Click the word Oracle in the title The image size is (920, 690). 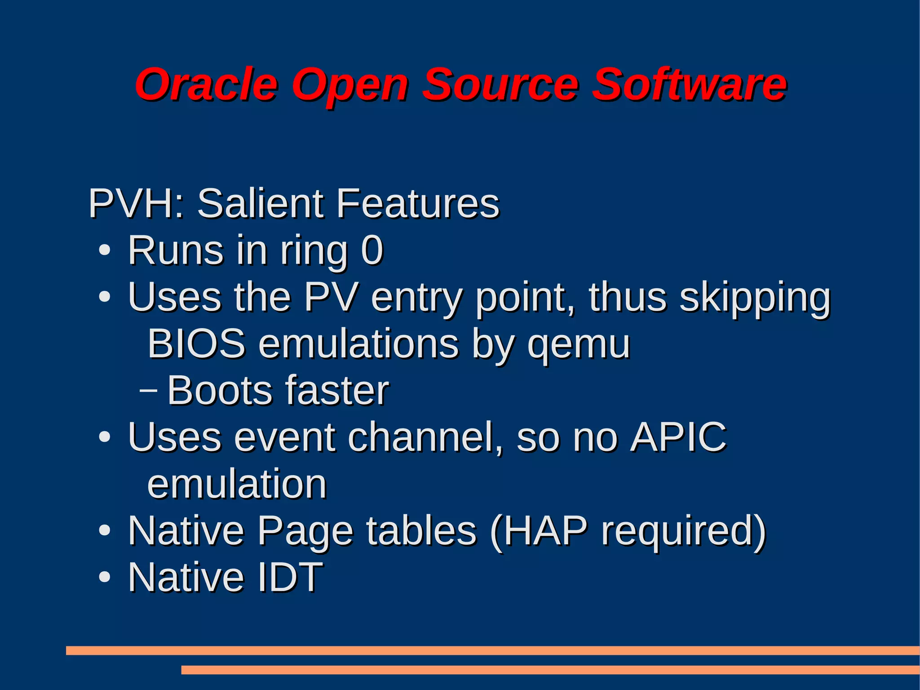click(206, 85)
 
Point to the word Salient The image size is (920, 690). click(260, 203)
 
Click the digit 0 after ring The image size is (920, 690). click(372, 250)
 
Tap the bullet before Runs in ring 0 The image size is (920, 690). click(104, 251)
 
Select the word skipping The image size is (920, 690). click(755, 298)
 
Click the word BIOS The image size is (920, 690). click(196, 344)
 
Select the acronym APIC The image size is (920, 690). click(678, 437)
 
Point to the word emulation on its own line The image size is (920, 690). click(237, 484)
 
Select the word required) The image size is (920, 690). click(683, 532)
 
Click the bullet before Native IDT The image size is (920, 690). click(104, 578)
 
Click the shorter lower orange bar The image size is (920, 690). click(550, 670)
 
